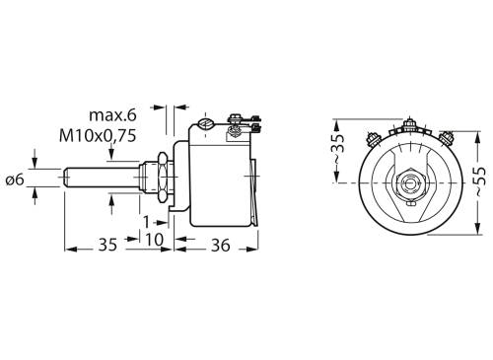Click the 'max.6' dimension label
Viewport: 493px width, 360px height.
pyautogui.click(x=111, y=117)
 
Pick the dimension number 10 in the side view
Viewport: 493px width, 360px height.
pyautogui.click(x=156, y=240)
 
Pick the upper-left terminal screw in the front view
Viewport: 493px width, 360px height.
pyautogui.click(x=374, y=136)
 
